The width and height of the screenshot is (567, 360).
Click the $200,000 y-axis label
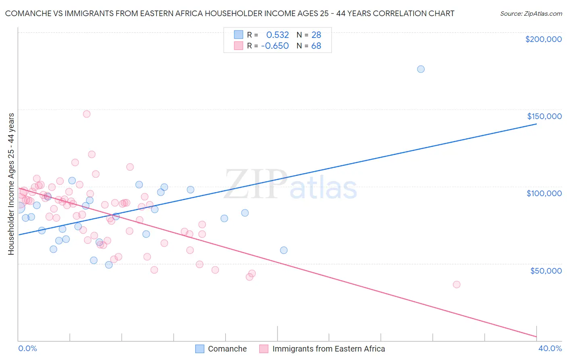click(x=543, y=39)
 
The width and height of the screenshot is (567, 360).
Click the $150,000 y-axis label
click(x=544, y=116)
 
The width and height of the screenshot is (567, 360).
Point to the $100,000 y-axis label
click(x=544, y=193)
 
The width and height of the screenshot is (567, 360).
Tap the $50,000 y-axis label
click(x=546, y=270)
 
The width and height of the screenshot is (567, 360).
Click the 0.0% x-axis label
click(x=28, y=348)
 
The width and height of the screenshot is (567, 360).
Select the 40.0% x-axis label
click(x=550, y=348)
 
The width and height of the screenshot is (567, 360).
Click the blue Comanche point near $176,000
click(x=421, y=69)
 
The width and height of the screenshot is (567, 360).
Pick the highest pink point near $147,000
click(x=87, y=114)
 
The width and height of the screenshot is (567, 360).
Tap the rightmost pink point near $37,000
click(x=457, y=285)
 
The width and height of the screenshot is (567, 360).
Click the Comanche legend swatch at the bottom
click(x=200, y=349)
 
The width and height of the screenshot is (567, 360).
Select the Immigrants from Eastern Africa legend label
click(x=328, y=349)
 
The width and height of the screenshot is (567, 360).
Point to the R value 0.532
click(x=277, y=35)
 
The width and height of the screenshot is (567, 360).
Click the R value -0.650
click(x=275, y=46)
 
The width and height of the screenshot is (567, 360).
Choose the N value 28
click(x=316, y=35)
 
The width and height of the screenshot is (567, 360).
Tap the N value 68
click(x=316, y=46)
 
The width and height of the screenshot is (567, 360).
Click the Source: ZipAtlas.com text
click(x=531, y=14)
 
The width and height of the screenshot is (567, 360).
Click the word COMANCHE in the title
click(x=29, y=14)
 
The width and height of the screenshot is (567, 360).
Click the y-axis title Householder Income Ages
click(x=11, y=184)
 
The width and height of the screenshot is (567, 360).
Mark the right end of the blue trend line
click(x=536, y=124)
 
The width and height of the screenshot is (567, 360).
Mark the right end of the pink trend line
click(x=536, y=336)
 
